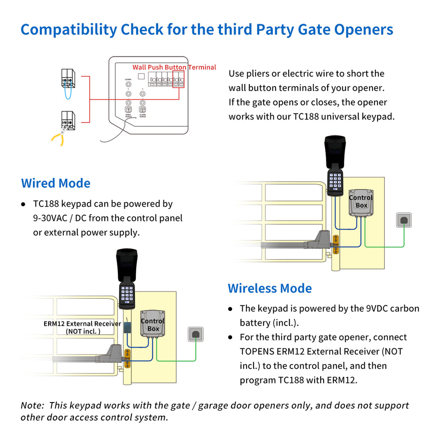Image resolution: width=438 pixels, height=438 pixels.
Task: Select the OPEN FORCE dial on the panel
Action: coord(128,109)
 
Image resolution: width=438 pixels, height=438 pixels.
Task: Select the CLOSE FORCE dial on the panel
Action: coord(142,109)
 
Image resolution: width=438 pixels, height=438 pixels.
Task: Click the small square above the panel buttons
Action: coord(141,76)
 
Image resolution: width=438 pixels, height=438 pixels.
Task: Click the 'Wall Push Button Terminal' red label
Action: coord(174,67)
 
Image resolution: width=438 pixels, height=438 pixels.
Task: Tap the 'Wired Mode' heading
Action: coord(56,183)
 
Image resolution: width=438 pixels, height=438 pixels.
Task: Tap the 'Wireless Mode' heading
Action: coord(270,288)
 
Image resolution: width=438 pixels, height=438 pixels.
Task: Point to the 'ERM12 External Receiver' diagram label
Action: coord(82,324)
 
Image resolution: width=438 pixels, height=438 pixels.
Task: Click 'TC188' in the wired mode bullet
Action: coord(46,204)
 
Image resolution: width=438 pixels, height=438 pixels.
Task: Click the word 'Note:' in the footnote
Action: coord(32,406)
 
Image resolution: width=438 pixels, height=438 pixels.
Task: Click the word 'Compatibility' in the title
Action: coord(68,29)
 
